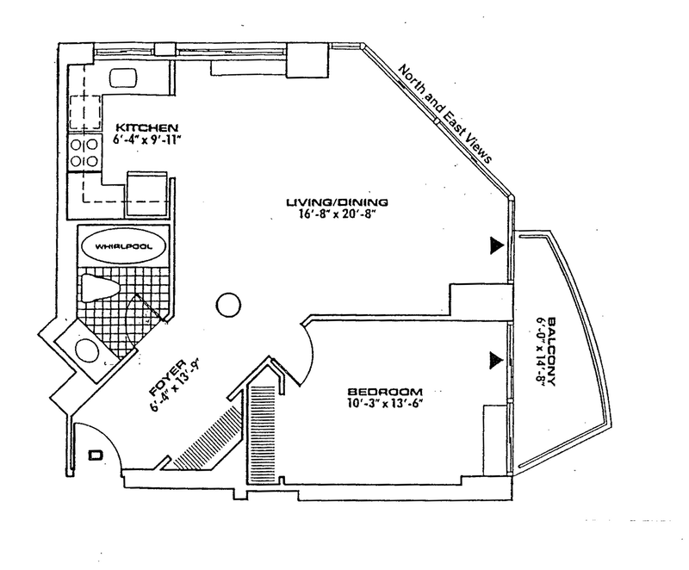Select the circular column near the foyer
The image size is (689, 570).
point(226,303)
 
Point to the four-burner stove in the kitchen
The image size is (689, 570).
point(84,153)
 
